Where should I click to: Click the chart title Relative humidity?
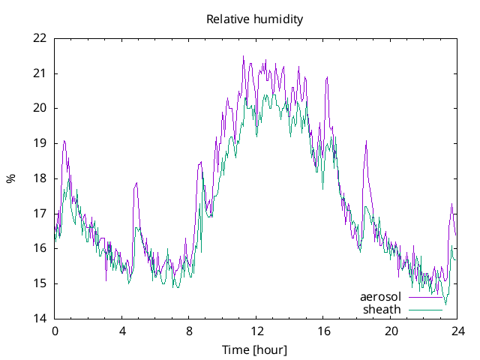(x=255, y=19)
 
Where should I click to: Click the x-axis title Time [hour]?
(x=255, y=349)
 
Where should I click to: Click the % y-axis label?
(x=10, y=178)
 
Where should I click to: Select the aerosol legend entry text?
(x=380, y=296)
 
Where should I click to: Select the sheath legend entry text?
(x=382, y=309)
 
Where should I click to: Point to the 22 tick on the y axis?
(x=40, y=38)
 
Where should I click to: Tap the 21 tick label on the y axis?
(x=40, y=73)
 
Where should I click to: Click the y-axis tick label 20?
(x=40, y=108)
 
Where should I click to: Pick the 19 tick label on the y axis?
(x=40, y=143)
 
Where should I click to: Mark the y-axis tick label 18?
(x=40, y=178)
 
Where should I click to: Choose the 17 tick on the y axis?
(x=40, y=213)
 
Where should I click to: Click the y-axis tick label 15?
(x=40, y=283)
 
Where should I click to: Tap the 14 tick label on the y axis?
(x=40, y=319)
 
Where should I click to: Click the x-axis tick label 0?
(x=55, y=331)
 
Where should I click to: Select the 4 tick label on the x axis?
(x=122, y=331)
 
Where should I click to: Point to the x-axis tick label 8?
(x=189, y=331)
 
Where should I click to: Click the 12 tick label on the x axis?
(x=256, y=331)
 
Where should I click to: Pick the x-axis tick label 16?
(x=323, y=331)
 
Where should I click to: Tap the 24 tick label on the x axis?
(x=458, y=331)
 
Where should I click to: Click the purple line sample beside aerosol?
(x=425, y=297)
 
